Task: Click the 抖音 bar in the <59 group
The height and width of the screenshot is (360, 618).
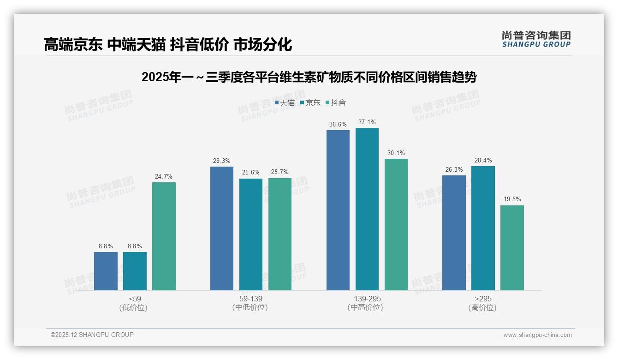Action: pyautogui.click(x=164, y=236)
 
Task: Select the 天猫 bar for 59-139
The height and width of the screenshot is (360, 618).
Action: pyautogui.click(x=222, y=228)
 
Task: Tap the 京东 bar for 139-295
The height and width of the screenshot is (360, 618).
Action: pyautogui.click(x=367, y=209)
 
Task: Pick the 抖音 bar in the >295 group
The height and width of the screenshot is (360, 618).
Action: pyautogui.click(x=512, y=248)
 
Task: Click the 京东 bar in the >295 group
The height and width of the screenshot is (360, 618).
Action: pyautogui.click(x=483, y=228)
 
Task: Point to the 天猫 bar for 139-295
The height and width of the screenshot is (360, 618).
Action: pyautogui.click(x=338, y=210)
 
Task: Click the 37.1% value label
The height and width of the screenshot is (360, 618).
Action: pyautogui.click(x=367, y=122)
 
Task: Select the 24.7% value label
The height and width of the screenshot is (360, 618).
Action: pyautogui.click(x=164, y=177)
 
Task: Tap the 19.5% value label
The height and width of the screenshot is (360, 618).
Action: pyautogui.click(x=512, y=199)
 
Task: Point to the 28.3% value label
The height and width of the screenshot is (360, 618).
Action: pyautogui.click(x=222, y=161)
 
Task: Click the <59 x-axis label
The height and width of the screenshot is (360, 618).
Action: pyautogui.click(x=135, y=299)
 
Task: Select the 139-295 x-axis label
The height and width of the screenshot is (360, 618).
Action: pyautogui.click(x=367, y=299)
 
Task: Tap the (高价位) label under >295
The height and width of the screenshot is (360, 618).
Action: pyautogui.click(x=482, y=308)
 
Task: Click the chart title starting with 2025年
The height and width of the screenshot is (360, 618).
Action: pyautogui.click(x=309, y=77)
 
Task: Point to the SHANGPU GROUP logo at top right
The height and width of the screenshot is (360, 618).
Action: pyautogui.click(x=536, y=39)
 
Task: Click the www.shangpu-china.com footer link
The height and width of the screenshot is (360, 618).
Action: pyautogui.click(x=537, y=335)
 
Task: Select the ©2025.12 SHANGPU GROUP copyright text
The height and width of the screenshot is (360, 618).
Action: pyautogui.click(x=92, y=335)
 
